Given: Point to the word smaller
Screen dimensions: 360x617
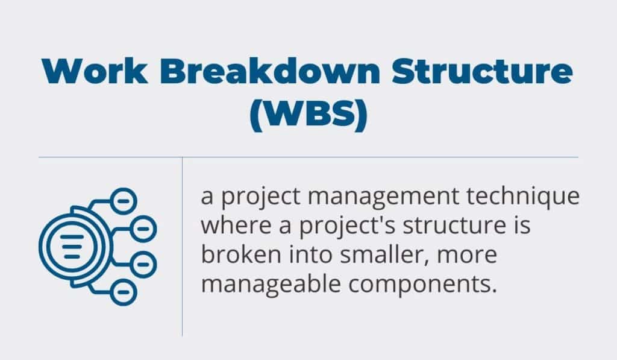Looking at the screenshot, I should [x=375, y=254].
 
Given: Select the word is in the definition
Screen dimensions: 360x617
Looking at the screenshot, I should [x=522, y=226].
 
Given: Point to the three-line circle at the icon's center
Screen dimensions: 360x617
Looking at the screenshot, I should [x=71, y=245].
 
